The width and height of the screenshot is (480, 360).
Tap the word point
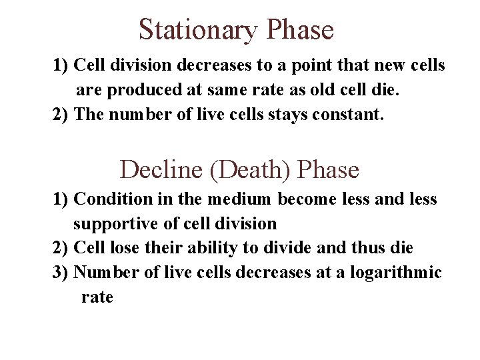pyautogui.click(x=298, y=65)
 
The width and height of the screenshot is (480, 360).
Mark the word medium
pyautogui.click(x=240, y=199)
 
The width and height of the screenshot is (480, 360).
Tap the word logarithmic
pyautogui.click(x=402, y=273)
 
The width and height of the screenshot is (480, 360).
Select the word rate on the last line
pyautogui.click(x=97, y=297)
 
